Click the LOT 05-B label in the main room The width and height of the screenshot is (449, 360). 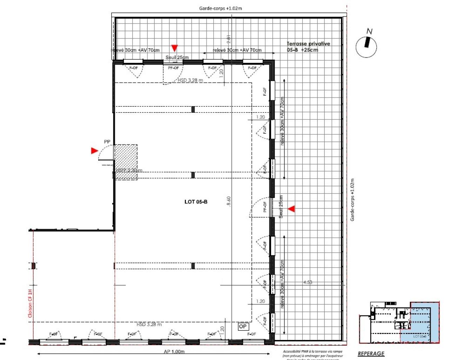click(196, 202)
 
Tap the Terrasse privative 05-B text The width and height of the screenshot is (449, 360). click(308, 47)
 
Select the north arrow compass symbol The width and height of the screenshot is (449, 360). click(367, 45)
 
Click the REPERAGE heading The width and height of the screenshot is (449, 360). click(371, 354)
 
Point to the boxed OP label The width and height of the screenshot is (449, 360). click(243, 326)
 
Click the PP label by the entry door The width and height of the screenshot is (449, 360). click(107, 142)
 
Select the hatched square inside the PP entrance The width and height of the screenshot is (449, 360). click(126, 162)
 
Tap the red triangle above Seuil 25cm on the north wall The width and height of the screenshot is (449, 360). click(174, 48)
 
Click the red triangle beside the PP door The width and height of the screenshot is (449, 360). click(94, 151)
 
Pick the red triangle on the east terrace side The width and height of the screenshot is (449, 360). click(291, 209)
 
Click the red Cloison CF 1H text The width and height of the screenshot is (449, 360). click(30, 304)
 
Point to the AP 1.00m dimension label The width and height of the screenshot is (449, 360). click(174, 352)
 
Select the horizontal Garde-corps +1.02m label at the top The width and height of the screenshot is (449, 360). click(220, 8)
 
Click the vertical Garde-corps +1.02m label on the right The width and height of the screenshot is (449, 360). click(353, 200)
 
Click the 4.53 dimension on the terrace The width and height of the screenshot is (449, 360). click(308, 282)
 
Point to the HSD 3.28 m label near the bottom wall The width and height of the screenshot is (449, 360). click(149, 325)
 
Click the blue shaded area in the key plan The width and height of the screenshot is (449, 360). click(421, 326)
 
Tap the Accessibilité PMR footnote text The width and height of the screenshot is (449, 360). click(313, 355)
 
